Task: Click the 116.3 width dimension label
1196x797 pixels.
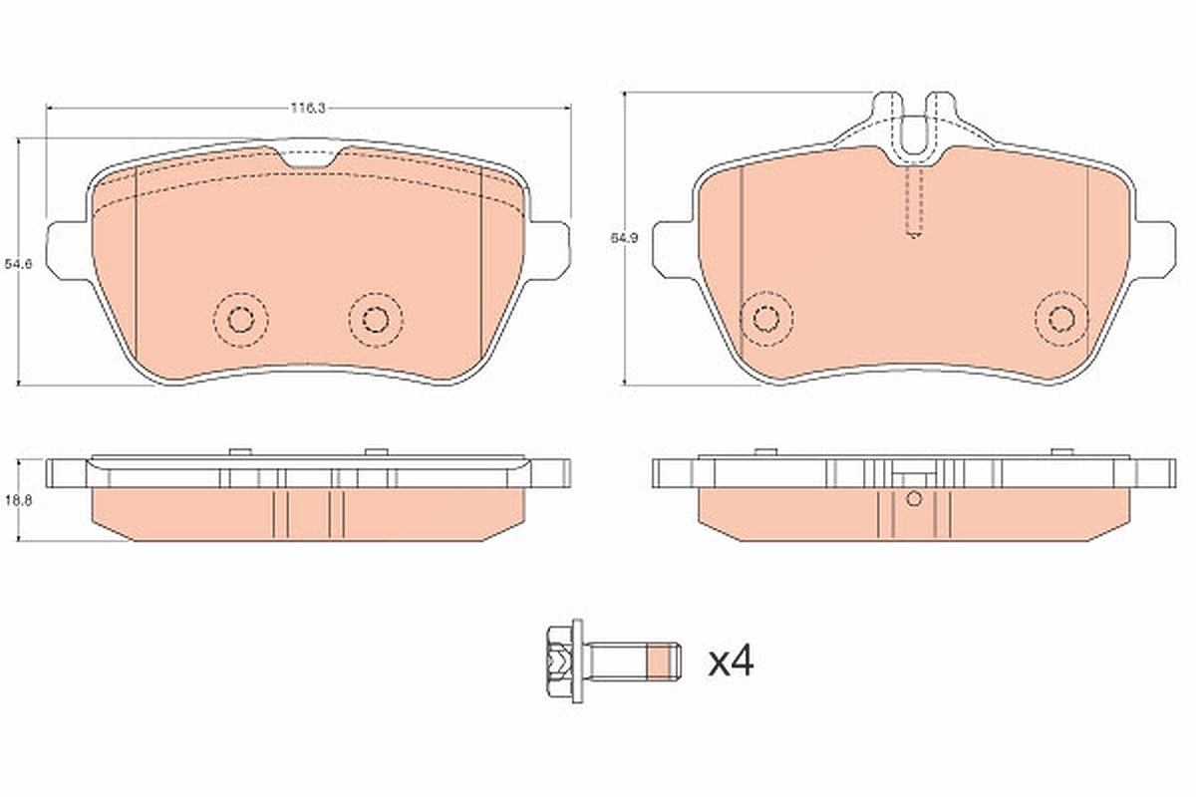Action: [308, 108]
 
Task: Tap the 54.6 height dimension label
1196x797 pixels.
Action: [18, 264]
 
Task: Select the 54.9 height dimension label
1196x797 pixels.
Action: [624, 239]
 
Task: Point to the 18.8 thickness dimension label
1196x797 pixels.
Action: [18, 501]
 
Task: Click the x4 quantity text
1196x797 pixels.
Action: [731, 662]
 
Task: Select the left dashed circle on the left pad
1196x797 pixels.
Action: [240, 321]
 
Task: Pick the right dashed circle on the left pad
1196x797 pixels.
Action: [376, 321]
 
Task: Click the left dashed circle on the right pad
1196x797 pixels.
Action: [766, 319]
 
